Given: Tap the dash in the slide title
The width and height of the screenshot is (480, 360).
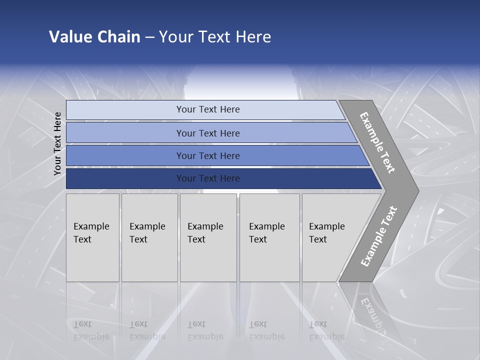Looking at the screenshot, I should [x=149, y=37].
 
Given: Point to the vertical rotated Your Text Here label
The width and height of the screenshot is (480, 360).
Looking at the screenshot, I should [x=57, y=143].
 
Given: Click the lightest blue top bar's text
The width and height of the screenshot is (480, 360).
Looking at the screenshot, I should [x=208, y=109].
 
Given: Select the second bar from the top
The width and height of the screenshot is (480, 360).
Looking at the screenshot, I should [x=208, y=133].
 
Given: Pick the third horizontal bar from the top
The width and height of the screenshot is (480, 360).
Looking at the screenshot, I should [x=208, y=155].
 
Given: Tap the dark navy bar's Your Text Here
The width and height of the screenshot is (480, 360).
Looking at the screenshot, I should [x=208, y=178].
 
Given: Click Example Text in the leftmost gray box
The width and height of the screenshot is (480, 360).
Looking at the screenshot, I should [x=91, y=233].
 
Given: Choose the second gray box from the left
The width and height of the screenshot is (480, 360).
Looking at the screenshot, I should [x=149, y=237].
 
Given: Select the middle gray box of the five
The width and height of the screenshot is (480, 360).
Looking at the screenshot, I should [x=207, y=237].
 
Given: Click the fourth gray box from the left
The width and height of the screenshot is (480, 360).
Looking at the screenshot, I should [x=269, y=237].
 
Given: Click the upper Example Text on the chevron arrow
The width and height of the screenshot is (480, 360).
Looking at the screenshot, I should [x=377, y=142].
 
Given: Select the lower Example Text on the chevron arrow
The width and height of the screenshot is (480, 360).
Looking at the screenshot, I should [x=379, y=236].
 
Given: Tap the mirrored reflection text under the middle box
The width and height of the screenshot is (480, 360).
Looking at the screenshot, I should [x=205, y=330].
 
